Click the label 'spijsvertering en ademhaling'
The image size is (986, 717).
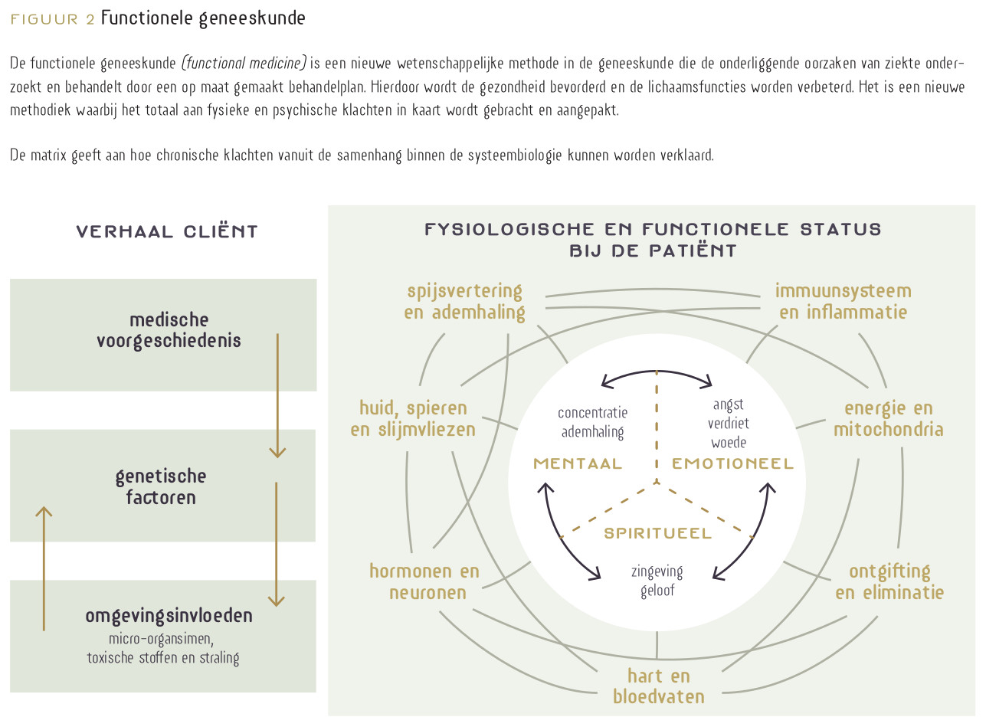point(465,302)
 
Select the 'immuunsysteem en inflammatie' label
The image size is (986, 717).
point(843,302)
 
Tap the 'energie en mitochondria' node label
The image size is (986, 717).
point(888,418)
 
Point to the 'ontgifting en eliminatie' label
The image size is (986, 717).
point(889,582)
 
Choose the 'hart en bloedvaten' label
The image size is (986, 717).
point(658,686)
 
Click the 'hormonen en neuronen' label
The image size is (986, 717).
point(424,582)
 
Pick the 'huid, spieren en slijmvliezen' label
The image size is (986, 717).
point(413,418)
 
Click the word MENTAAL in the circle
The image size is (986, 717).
point(578,463)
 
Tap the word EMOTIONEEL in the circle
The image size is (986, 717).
point(732,463)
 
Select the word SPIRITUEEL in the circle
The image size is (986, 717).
point(657,533)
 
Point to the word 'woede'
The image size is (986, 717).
point(728,443)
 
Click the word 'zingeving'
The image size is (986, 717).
point(657,571)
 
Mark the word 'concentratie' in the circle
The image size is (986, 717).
point(592,413)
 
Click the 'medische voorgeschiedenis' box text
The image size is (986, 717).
point(169,330)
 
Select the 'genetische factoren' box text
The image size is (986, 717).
point(161,486)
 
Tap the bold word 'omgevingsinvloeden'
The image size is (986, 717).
point(169,616)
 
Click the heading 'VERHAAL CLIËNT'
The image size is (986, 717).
point(167,232)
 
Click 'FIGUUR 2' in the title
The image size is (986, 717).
point(52,19)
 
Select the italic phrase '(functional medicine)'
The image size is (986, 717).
point(244,62)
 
